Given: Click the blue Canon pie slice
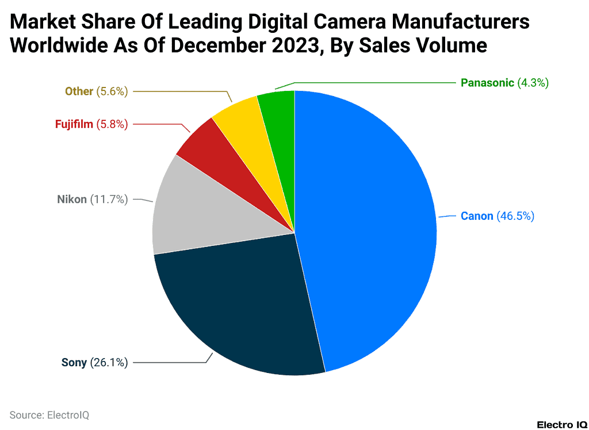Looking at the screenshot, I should (x=368, y=230).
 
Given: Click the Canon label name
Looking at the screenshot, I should (x=477, y=216).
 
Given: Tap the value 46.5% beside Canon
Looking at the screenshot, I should (x=515, y=216).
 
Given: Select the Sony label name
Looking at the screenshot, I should (x=74, y=363).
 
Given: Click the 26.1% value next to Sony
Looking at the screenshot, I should (x=109, y=363).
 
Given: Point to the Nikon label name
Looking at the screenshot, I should (x=72, y=200).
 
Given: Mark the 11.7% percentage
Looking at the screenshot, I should (x=109, y=200).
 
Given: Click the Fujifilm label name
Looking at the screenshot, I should (x=74, y=124).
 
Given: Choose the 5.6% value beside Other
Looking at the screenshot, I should (x=112, y=91).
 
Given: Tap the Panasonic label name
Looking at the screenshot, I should (x=487, y=83).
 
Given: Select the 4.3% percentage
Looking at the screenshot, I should (x=533, y=83).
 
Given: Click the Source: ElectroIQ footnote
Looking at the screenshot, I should (x=49, y=414).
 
